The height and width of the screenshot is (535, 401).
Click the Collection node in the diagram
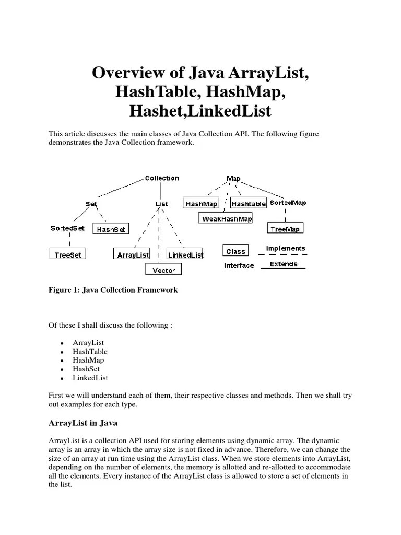[161, 178]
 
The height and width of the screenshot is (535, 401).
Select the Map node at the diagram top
[233, 179]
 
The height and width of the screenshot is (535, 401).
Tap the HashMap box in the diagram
[202, 204]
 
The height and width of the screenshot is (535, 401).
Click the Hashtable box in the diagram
[249, 204]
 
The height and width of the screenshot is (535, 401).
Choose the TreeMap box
[285, 228]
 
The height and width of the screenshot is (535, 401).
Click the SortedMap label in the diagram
[288, 203]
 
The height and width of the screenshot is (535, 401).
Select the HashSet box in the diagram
[111, 229]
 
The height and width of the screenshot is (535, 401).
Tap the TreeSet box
[68, 254]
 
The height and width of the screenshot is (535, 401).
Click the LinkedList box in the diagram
[185, 255]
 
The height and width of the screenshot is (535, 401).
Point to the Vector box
[163, 270]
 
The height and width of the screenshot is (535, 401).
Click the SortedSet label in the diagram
[67, 228]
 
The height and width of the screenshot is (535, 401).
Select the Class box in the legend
[235, 251]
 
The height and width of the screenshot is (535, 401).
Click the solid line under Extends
[283, 269]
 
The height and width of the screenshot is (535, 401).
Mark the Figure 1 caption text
[113, 290]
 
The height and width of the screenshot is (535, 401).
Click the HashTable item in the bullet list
[90, 352]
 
